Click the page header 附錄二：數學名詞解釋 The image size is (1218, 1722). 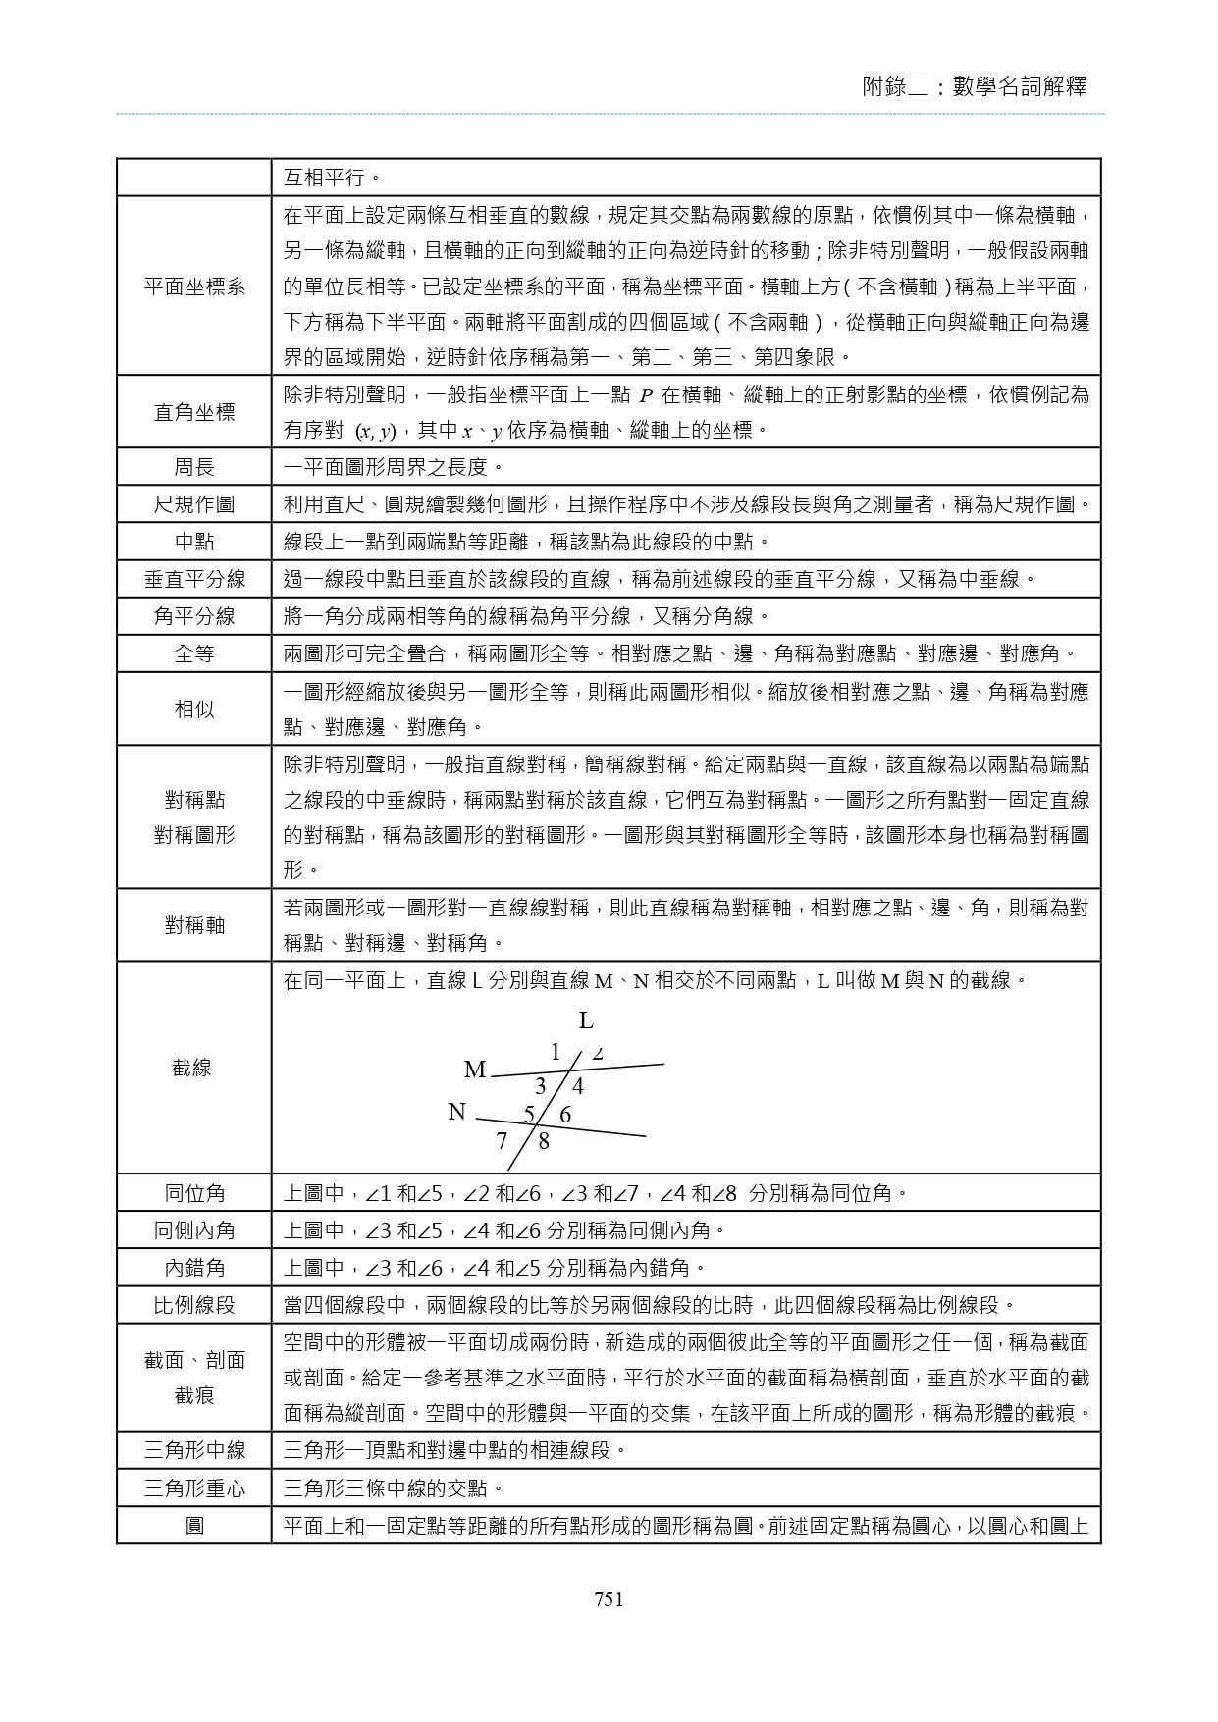pyautogui.click(x=974, y=86)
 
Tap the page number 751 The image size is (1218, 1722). pyautogui.click(x=609, y=1600)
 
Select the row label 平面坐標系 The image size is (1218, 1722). pyautogui.click(x=194, y=287)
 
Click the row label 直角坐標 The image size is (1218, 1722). pyautogui.click(x=194, y=412)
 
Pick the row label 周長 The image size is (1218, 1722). pyautogui.click(x=194, y=467)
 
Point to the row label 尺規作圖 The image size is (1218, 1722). pyautogui.click(x=194, y=504)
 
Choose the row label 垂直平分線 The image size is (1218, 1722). pyautogui.click(x=194, y=579)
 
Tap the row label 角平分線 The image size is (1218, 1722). pyautogui.click(x=194, y=616)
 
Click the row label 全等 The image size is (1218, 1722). pyautogui.click(x=194, y=653)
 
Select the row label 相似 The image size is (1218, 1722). pyautogui.click(x=194, y=708)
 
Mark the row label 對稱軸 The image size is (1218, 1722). pyautogui.click(x=194, y=925)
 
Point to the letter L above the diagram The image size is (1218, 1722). pyautogui.click(x=586, y=1021)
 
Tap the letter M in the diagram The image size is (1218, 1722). pyautogui.click(x=475, y=1070)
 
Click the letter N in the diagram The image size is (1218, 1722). pyautogui.click(x=456, y=1112)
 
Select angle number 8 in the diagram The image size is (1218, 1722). pyautogui.click(x=544, y=1141)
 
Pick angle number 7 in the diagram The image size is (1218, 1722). pyautogui.click(x=502, y=1141)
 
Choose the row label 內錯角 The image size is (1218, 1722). pyautogui.click(x=194, y=1268)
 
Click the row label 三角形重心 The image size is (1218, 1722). pyautogui.click(x=194, y=1489)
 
